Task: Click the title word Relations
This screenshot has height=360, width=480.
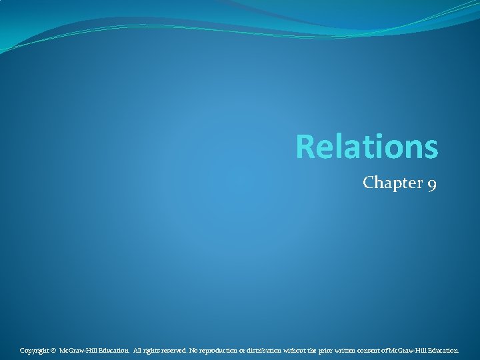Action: (367, 147)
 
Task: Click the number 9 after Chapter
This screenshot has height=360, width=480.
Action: (431, 184)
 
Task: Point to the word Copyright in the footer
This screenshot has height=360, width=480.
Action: (33, 350)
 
